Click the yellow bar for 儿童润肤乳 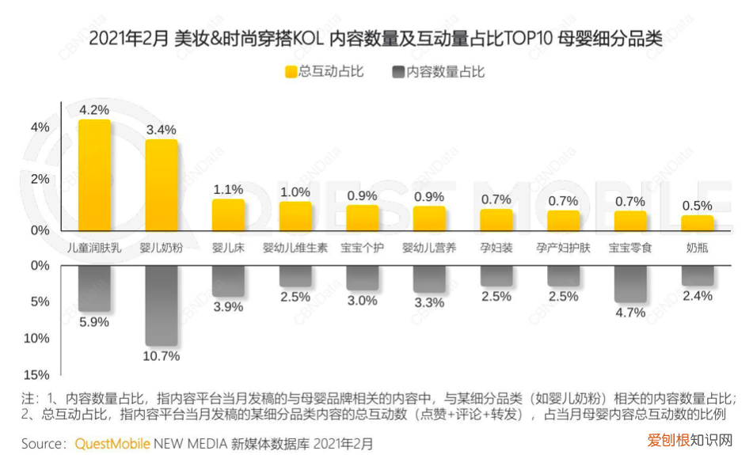[94, 175]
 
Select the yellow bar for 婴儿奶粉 [162, 185]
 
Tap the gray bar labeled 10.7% [162, 305]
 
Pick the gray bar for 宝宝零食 [630, 283]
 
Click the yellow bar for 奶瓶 [697, 223]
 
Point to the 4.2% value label [94, 109]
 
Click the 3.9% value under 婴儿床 [228, 307]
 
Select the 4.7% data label [630, 313]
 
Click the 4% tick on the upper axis [40, 127]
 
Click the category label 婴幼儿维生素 [295, 248]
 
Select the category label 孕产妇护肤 [563, 248]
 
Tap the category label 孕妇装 [496, 248]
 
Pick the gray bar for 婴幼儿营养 [429, 279]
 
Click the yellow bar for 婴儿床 [228, 214]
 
